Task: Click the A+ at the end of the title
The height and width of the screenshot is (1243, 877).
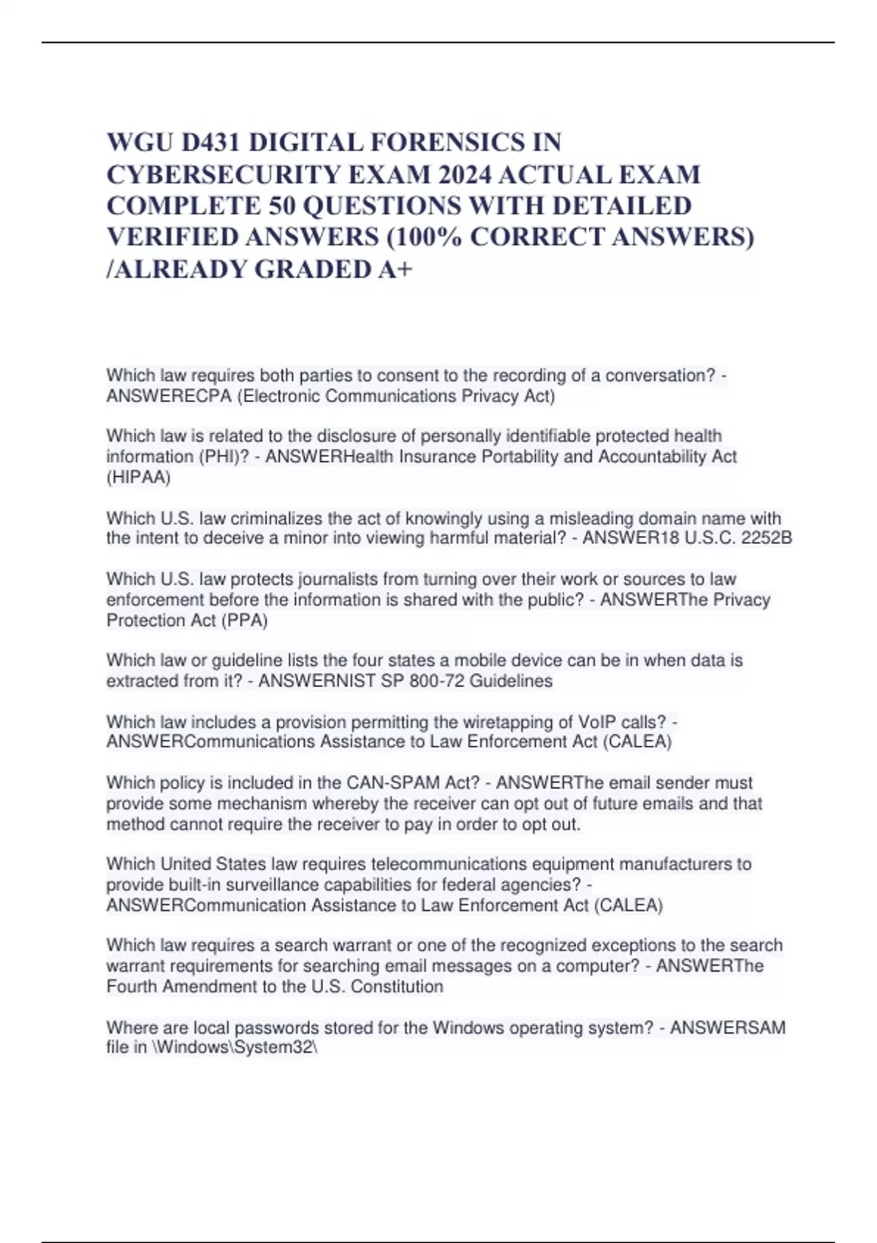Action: [395, 269]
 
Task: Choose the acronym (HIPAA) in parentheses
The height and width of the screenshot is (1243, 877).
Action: [138, 477]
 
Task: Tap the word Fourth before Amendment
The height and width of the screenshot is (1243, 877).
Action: [132, 986]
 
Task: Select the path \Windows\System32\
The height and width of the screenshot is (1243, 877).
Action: [235, 1047]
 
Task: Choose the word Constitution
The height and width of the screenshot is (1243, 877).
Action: [397, 986]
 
